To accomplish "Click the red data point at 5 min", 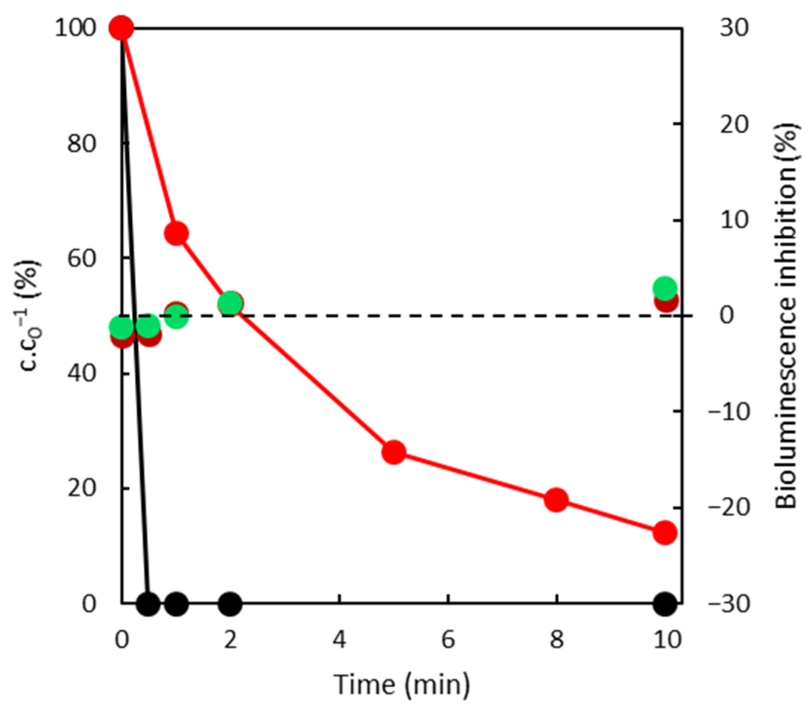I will [x=394, y=453].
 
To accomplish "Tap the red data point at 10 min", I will [x=665, y=532].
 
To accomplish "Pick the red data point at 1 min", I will [x=176, y=234].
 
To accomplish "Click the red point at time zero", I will [x=121, y=28].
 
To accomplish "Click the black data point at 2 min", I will [x=230, y=604].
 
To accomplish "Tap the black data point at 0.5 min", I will [x=149, y=604].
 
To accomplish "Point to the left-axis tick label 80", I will [x=82, y=144].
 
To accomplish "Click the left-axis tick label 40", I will [x=82, y=374].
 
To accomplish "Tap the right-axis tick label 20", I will [x=734, y=125].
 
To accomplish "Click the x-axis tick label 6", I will [x=448, y=640].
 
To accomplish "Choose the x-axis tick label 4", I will [x=339, y=640].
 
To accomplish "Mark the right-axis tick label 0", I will [x=726, y=316].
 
